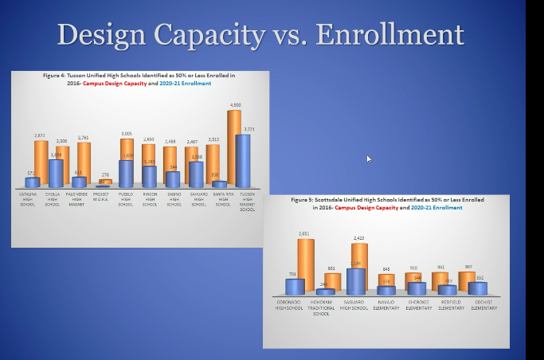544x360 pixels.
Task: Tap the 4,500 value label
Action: pyautogui.click(x=236, y=105)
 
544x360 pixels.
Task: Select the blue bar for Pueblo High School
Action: pyautogui.click(x=125, y=173)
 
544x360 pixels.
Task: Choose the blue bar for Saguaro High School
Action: pyautogui.click(x=356, y=281)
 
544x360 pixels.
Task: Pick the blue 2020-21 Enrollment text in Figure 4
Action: pyautogui.click(x=186, y=83)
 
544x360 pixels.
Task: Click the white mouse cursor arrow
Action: pyautogui.click(x=369, y=158)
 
